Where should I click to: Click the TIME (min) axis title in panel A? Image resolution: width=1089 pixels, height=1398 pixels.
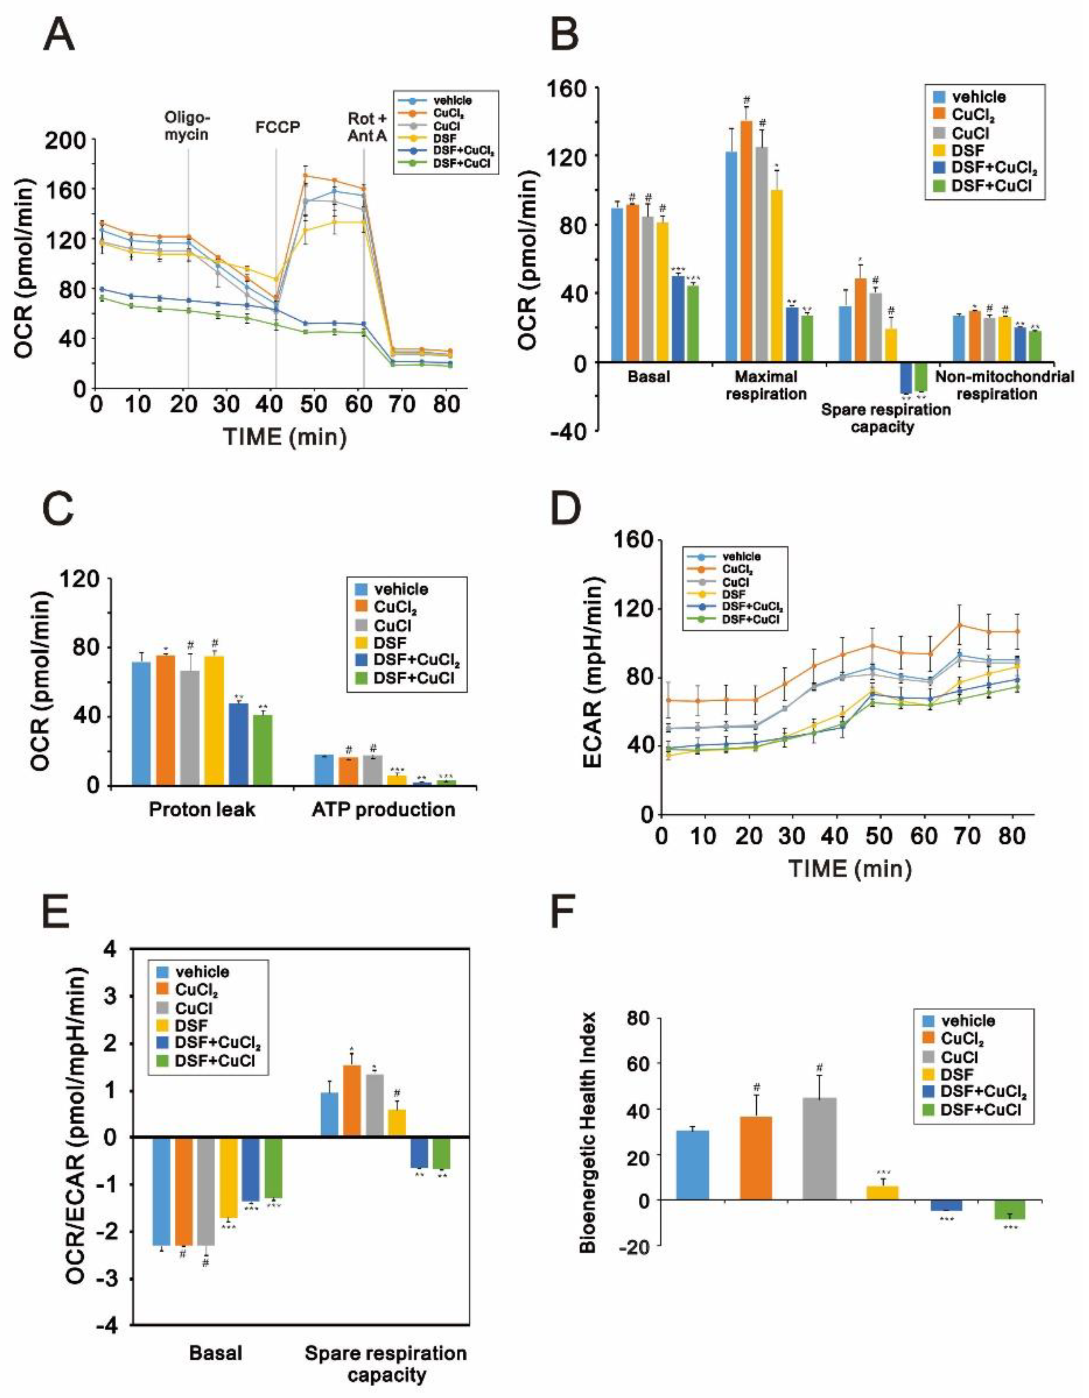pos(285,437)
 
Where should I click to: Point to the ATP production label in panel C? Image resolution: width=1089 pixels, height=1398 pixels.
pos(384,810)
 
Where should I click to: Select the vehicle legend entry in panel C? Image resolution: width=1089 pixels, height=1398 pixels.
pos(401,589)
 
